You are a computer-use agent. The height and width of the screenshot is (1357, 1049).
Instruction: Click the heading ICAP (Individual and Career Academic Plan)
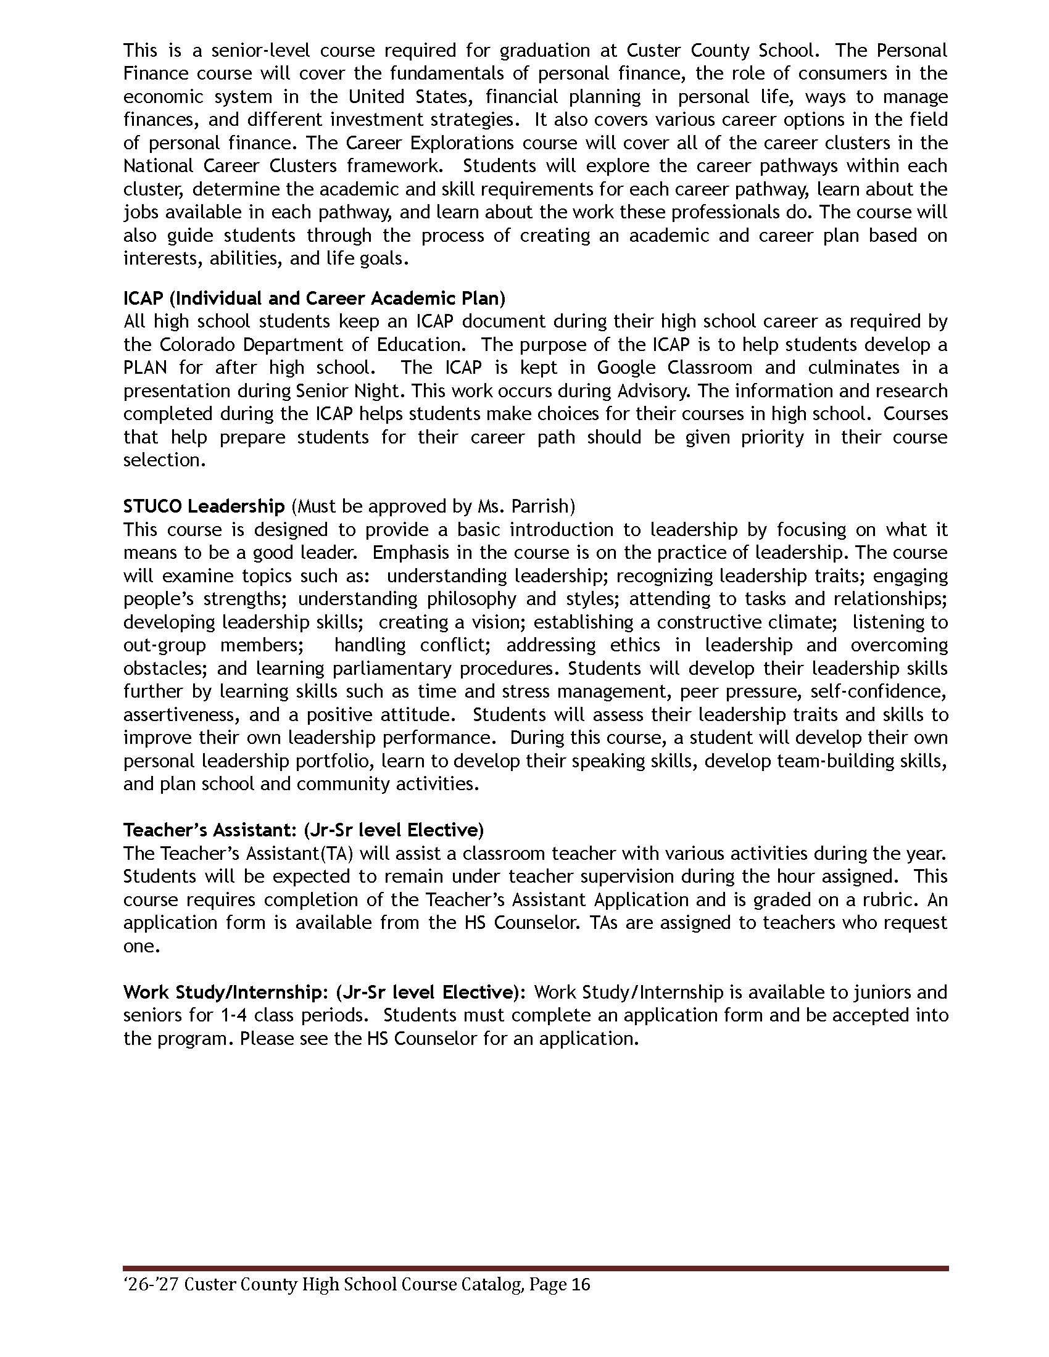314,299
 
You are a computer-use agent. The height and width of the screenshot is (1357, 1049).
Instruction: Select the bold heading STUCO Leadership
204,506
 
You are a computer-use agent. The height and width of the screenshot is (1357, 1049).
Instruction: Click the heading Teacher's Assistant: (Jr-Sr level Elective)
303,830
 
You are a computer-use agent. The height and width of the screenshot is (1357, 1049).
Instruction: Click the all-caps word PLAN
145,368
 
